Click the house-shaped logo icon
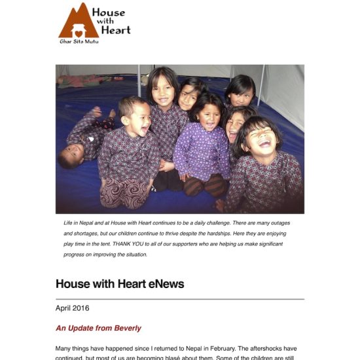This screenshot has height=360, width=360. [78, 22]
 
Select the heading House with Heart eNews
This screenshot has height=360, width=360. [120, 284]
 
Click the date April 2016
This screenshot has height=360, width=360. [73, 308]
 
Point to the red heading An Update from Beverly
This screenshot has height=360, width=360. [98, 328]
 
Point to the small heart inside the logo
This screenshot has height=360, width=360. [78, 32]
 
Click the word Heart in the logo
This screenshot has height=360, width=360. [119, 29]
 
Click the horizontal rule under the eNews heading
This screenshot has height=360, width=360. [180, 298]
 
